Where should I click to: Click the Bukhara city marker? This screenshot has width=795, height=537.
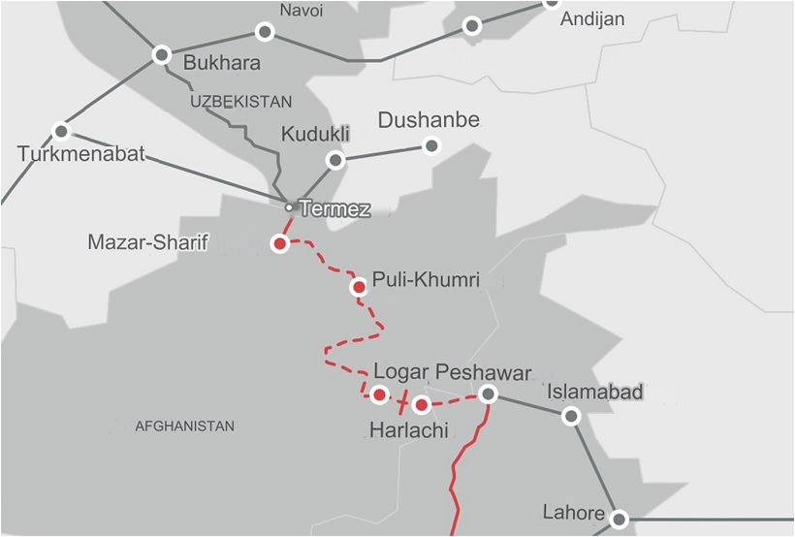pyautogui.click(x=162, y=55)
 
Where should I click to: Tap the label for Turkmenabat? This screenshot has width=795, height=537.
pyautogui.click(x=80, y=154)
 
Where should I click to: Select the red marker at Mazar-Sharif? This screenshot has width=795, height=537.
pyautogui.click(x=280, y=244)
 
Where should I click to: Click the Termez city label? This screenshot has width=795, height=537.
pyautogui.click(x=335, y=208)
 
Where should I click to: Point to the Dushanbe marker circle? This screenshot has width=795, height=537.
pyautogui.click(x=431, y=146)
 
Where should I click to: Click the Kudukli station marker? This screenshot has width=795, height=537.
pyautogui.click(x=335, y=160)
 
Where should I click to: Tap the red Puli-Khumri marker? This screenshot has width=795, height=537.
pyautogui.click(x=359, y=287)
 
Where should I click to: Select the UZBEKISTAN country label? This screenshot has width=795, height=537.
pyautogui.click(x=240, y=102)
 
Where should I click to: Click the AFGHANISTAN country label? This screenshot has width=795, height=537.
pyautogui.click(x=184, y=426)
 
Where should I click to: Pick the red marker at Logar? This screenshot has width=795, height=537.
pyautogui.click(x=380, y=395)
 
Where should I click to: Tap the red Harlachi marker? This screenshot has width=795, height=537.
pyautogui.click(x=422, y=405)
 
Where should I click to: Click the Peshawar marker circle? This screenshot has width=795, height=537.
pyautogui.click(x=489, y=394)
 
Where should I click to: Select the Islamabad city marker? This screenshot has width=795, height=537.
pyautogui.click(x=572, y=417)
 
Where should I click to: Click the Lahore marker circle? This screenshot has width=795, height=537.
pyautogui.click(x=619, y=519)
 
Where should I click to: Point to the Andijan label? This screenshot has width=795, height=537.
pyautogui.click(x=592, y=19)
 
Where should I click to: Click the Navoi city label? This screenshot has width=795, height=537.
pyautogui.click(x=301, y=11)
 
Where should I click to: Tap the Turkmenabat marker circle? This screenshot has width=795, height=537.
pyautogui.click(x=62, y=131)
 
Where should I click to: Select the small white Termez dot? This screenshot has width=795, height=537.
pyautogui.click(x=288, y=207)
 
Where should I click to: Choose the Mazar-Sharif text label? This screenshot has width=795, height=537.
pyautogui.click(x=148, y=242)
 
